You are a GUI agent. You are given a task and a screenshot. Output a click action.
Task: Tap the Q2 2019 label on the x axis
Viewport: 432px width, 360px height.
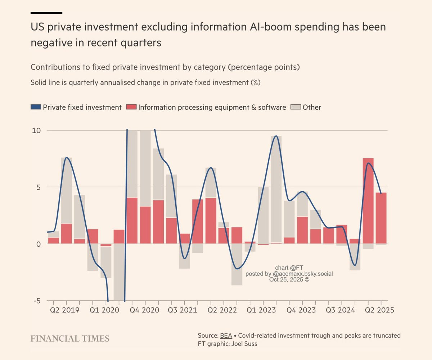point(66,310)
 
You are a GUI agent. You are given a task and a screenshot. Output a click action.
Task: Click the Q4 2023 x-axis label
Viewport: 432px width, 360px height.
point(301,310)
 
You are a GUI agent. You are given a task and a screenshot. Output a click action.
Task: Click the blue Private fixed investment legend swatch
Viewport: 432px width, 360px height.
point(36,107)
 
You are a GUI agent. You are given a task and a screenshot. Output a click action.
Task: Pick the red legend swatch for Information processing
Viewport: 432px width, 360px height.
point(131,107)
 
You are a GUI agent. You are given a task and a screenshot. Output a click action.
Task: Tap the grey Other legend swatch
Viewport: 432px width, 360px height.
point(296,107)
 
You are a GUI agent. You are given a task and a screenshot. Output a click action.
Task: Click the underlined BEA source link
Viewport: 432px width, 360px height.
point(226,336)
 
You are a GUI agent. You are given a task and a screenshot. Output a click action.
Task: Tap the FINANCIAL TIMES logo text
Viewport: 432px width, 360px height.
point(70,338)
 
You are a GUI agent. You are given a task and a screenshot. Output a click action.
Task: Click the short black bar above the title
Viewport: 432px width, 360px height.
point(46,13)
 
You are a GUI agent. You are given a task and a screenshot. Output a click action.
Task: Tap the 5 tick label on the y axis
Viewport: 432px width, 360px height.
point(40,187)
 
